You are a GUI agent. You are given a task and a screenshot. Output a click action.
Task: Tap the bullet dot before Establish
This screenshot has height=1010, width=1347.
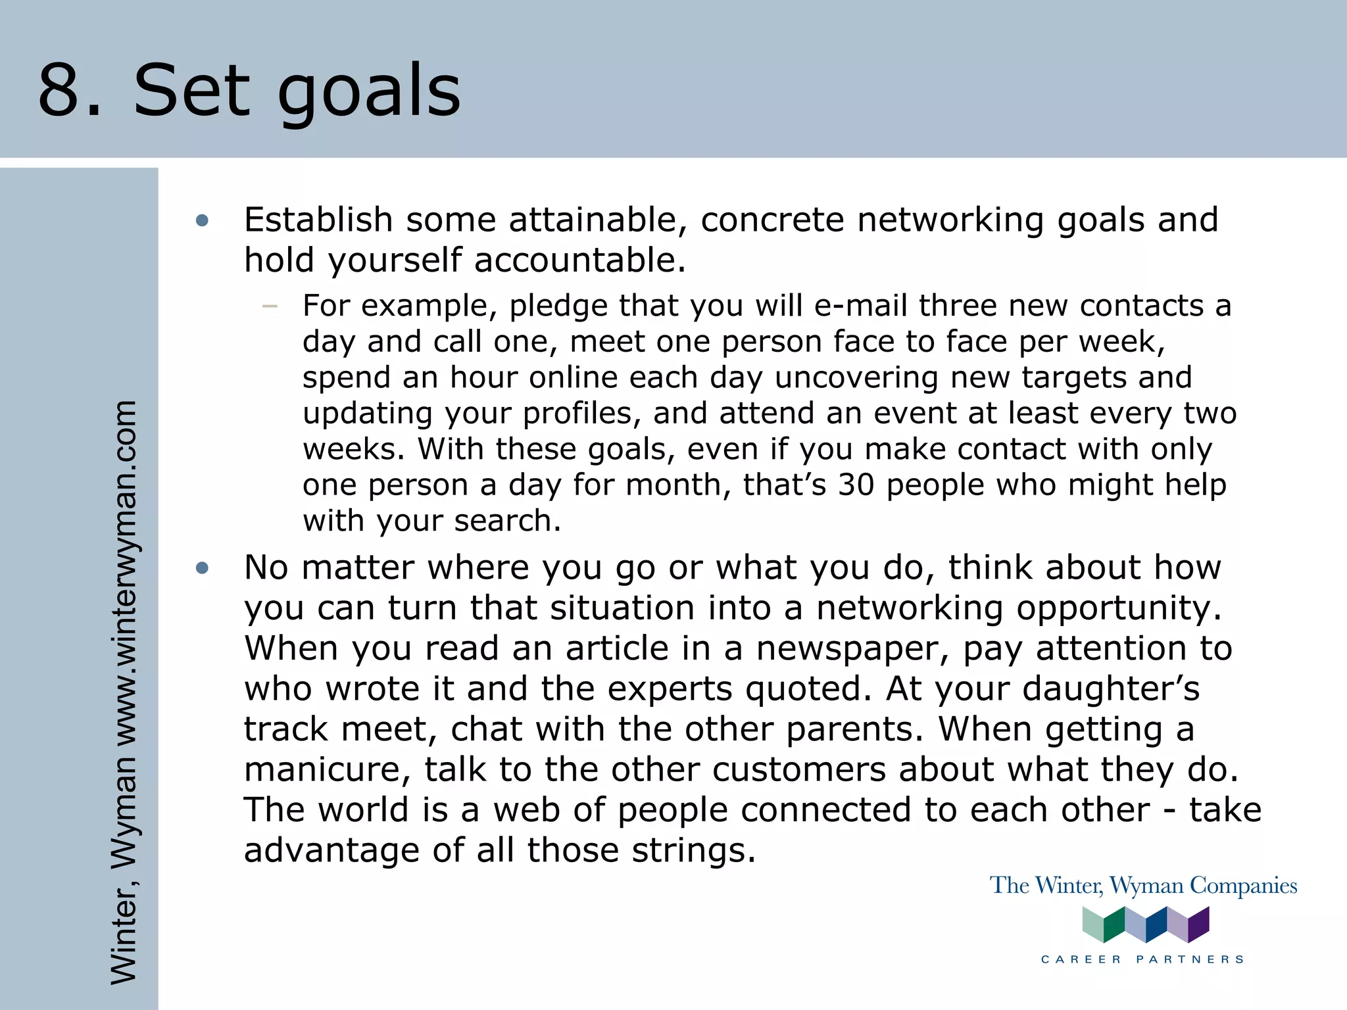pos(202,221)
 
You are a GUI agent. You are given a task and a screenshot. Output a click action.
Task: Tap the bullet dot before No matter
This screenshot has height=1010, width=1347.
pos(202,568)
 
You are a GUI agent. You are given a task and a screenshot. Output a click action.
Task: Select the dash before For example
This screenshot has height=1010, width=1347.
pos(269,306)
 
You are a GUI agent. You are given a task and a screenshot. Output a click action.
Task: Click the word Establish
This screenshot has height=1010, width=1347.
pos(318,220)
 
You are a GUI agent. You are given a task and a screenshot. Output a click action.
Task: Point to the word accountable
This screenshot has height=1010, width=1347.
pos(579,260)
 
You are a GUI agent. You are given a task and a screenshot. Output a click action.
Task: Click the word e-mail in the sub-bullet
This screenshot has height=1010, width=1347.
pos(860,306)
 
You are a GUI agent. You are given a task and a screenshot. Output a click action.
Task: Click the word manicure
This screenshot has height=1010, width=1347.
pos(327,770)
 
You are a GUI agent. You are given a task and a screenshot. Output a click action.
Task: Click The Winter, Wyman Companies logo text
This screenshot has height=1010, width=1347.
pos(1143,886)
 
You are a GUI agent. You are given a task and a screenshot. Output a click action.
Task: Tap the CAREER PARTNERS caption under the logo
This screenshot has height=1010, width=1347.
pos(1142,959)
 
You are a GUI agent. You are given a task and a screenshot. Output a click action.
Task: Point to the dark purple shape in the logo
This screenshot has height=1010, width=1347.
pos(1199,924)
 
